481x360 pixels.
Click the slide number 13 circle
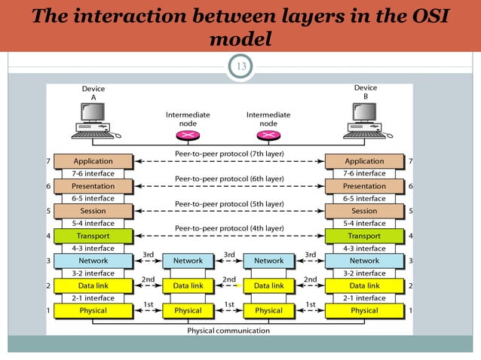tap(241, 68)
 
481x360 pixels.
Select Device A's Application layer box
tap(93, 161)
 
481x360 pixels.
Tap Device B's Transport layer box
tap(364, 236)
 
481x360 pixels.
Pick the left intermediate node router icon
tap(188, 135)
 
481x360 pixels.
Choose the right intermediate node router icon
tap(268, 135)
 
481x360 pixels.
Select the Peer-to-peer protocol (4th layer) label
tap(229, 227)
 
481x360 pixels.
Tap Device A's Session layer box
tap(93, 211)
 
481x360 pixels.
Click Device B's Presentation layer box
tap(364, 186)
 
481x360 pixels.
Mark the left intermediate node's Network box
tap(188, 261)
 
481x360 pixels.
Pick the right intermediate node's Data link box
tap(268, 285)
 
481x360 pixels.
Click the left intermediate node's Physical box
tap(188, 310)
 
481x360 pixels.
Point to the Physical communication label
tap(229, 331)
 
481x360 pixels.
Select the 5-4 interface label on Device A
tap(93, 224)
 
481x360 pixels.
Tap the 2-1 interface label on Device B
tap(364, 298)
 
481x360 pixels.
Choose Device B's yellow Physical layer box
tap(364, 310)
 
